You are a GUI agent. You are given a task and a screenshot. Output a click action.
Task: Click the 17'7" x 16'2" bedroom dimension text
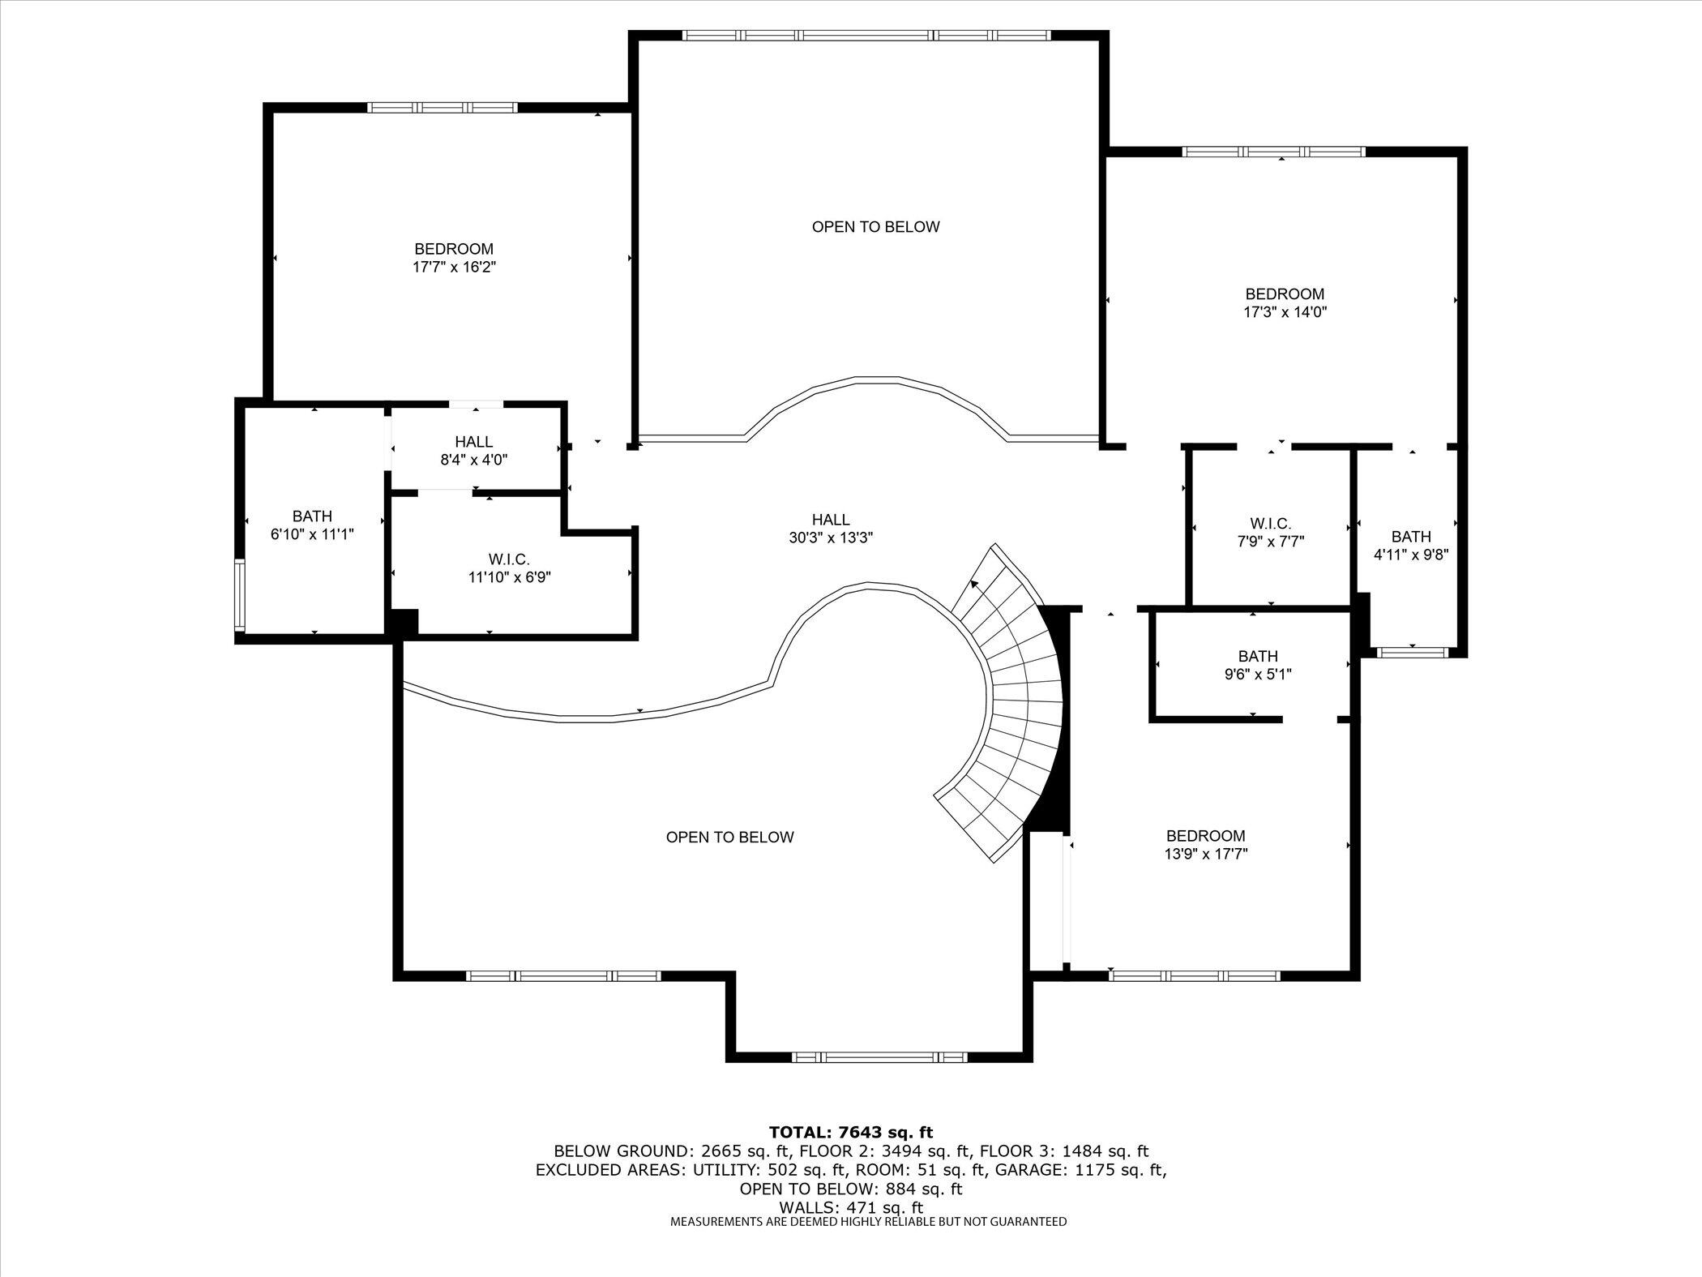click(453, 267)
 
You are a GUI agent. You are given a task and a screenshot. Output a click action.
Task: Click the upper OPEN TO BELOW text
click(875, 227)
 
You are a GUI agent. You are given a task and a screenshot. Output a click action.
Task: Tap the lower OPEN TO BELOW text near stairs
click(729, 838)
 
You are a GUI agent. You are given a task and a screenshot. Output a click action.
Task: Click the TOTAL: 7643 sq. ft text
click(850, 1133)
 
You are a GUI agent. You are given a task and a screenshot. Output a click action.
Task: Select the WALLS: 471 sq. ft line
click(850, 1208)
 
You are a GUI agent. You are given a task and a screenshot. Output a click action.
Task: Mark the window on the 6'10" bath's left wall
click(239, 595)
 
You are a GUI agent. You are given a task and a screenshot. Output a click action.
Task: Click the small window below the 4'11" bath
click(1413, 651)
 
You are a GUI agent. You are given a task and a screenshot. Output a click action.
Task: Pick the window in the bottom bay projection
click(879, 1057)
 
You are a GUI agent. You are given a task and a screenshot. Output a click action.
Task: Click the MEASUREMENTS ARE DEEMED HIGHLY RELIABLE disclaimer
click(868, 1222)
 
